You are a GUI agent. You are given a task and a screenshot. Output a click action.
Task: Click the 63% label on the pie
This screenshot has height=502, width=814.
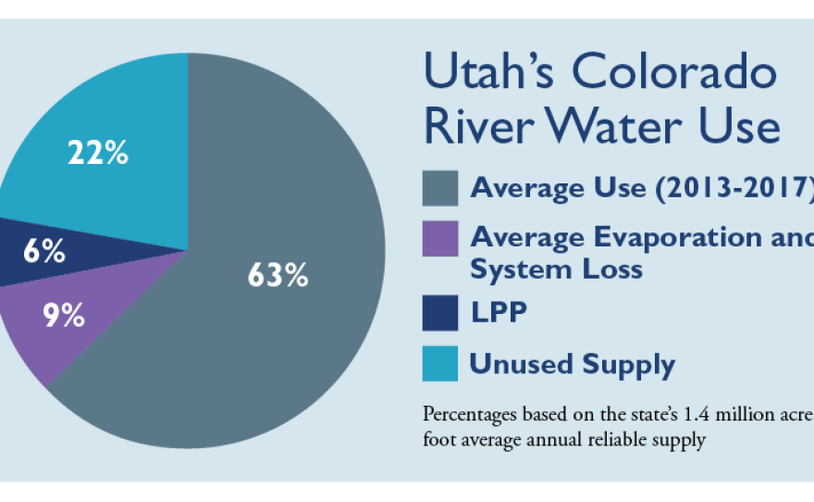pyautogui.click(x=277, y=275)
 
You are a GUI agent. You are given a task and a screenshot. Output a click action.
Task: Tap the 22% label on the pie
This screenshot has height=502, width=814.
pyautogui.click(x=97, y=152)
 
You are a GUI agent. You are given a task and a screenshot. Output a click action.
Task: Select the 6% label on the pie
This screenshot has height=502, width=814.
pyautogui.click(x=43, y=250)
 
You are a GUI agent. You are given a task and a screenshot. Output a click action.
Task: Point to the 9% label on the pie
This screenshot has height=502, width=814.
pyautogui.click(x=64, y=316)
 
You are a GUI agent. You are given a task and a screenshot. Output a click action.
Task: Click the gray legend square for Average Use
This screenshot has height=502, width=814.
pyautogui.click(x=439, y=188)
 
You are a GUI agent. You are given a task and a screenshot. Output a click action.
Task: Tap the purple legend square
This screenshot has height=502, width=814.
pyautogui.click(x=439, y=238)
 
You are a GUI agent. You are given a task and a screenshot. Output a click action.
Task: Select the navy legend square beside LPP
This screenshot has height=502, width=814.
pyautogui.click(x=439, y=312)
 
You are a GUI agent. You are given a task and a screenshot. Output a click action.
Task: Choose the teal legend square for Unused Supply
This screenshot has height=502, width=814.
pyautogui.click(x=439, y=363)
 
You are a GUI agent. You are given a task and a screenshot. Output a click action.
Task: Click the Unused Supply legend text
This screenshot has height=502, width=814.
pyautogui.click(x=572, y=364)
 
